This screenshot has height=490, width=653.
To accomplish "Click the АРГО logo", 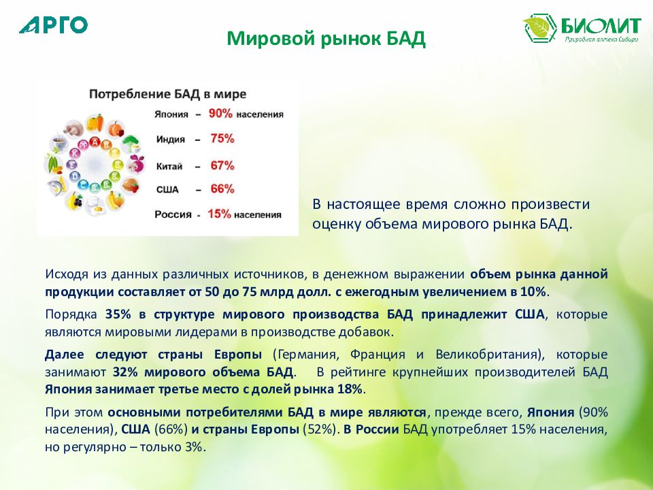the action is [x=53, y=25].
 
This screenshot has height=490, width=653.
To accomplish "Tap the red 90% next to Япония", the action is [x=220, y=113].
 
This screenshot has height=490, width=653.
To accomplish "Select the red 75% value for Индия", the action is [x=222, y=138].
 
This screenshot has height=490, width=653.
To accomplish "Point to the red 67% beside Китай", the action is [x=222, y=165].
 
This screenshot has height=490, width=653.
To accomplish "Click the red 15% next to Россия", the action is [x=219, y=214].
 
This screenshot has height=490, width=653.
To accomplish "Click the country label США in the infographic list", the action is [x=167, y=190].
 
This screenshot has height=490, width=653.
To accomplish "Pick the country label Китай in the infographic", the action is [x=169, y=167].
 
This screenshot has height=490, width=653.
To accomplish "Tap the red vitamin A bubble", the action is [x=95, y=142].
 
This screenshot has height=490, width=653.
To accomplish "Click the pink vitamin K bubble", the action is [x=76, y=153].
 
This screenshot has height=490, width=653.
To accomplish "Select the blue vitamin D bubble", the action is [x=76, y=177].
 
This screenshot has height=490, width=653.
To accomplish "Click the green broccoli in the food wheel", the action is [x=131, y=144].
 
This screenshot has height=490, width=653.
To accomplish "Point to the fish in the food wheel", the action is [x=56, y=185].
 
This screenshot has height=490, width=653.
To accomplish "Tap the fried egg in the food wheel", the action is [x=95, y=206].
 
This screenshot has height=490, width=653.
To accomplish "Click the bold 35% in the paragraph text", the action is [x=118, y=314].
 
